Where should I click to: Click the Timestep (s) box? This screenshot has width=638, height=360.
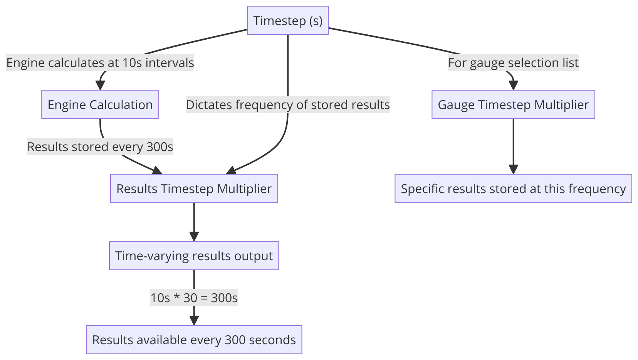click(288, 20)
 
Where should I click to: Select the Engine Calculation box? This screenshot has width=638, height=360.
click(100, 104)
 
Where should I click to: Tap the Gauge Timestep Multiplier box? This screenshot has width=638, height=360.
click(513, 104)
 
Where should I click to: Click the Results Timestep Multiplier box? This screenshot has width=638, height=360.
click(194, 188)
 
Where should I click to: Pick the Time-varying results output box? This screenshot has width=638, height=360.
click(194, 256)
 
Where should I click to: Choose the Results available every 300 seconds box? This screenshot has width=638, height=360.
click(194, 340)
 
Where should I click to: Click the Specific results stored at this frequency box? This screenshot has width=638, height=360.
click(513, 188)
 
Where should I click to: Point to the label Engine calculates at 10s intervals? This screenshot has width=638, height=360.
click(100, 62)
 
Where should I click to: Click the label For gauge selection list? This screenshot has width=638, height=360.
click(513, 62)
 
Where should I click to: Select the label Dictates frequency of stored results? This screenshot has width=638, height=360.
click(288, 104)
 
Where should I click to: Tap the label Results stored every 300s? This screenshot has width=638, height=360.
click(100, 146)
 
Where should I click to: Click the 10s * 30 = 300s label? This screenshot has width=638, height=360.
click(194, 298)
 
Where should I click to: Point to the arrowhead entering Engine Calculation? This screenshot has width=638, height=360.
click(100, 86)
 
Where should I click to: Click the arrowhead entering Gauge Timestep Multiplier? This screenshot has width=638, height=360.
click(513, 86)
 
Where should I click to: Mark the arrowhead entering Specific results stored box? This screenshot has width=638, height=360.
click(513, 169)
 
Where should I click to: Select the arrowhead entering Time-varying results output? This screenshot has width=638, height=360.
click(194, 236)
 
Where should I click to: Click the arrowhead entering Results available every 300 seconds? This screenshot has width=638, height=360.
click(194, 320)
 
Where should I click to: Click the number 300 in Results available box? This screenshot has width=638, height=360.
click(235, 340)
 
